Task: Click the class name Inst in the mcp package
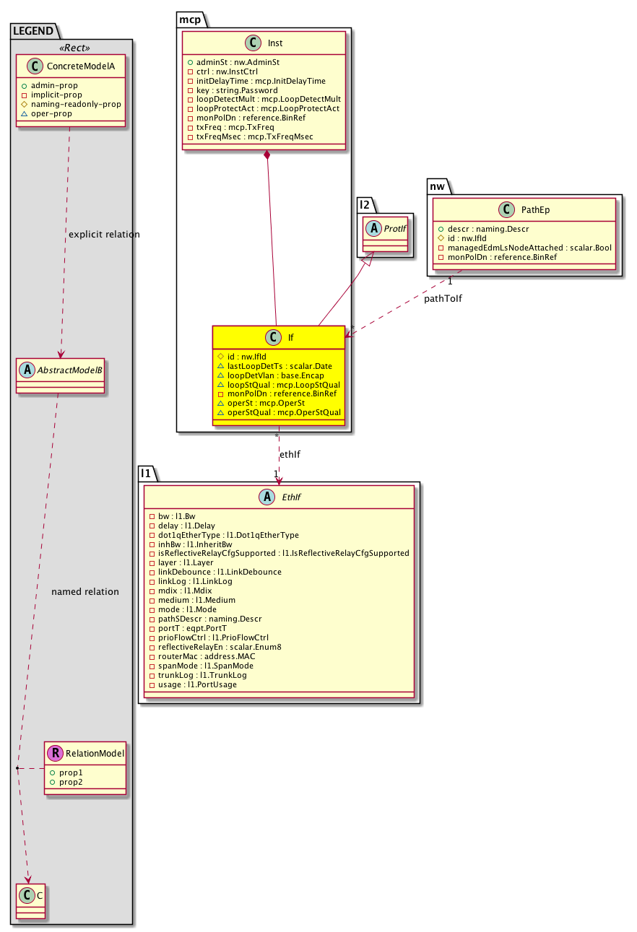click(x=274, y=43)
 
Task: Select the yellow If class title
click(x=290, y=337)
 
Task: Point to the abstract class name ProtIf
click(x=394, y=229)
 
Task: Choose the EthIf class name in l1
click(x=290, y=497)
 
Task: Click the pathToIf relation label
click(x=443, y=299)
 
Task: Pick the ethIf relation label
click(x=290, y=454)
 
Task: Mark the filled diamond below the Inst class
click(x=267, y=154)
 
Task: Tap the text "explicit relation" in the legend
click(x=104, y=235)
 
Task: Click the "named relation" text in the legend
click(x=85, y=592)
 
